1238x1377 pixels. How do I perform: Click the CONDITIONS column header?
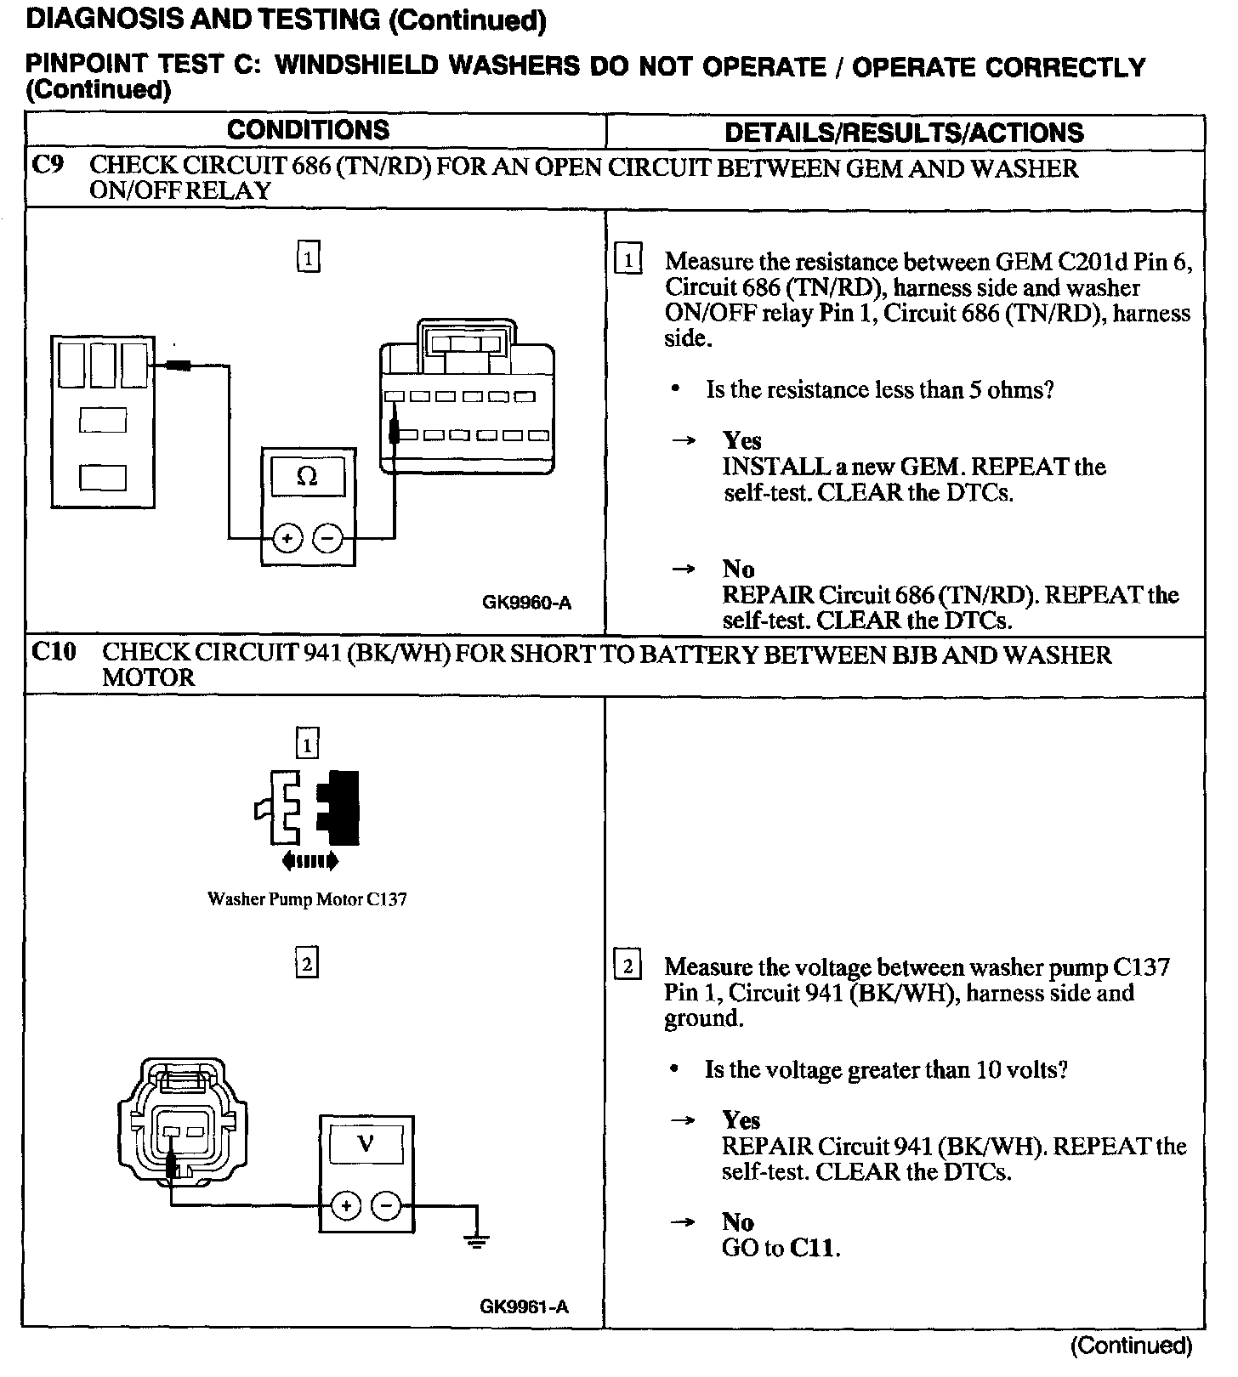[308, 130]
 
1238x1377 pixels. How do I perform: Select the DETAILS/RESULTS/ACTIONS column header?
[904, 133]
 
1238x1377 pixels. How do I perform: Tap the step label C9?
[48, 165]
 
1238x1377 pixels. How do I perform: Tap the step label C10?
[54, 652]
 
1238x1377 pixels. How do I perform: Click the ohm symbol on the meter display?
[308, 477]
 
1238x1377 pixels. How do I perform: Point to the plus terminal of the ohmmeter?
[288, 538]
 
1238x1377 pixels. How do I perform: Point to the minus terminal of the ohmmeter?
[328, 538]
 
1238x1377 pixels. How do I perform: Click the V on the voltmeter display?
[366, 1143]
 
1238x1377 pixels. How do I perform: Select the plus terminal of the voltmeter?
[346, 1205]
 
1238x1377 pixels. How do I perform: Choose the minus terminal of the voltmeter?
[386, 1205]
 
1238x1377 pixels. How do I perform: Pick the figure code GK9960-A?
[526, 603]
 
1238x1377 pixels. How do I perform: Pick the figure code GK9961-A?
[524, 1307]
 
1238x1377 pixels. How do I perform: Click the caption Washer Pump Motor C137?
[307, 899]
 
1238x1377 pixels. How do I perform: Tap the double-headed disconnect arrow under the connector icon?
[309, 861]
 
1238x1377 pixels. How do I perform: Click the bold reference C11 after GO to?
[814, 1248]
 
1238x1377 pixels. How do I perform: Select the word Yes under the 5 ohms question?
[741, 440]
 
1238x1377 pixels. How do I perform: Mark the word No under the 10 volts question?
[738, 1222]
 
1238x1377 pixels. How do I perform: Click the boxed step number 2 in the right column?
[628, 966]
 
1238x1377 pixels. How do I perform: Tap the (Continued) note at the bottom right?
[1131, 1345]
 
